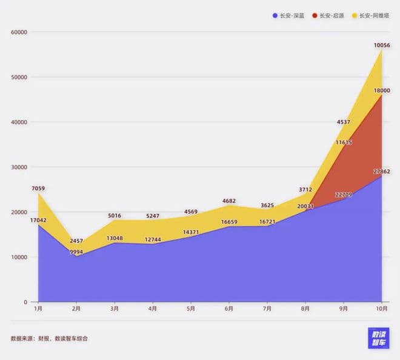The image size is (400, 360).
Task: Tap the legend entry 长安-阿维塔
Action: coord(373,15)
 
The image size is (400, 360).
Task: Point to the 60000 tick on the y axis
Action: coord(19,32)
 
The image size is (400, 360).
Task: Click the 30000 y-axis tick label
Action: coord(19,167)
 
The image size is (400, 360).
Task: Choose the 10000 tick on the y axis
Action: coord(19,257)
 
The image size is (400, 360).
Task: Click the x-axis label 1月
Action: coord(38,309)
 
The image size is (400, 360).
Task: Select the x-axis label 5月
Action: coord(191,309)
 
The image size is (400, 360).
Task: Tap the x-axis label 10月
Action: coord(381,309)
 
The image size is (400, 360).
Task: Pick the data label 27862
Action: coord(381,172)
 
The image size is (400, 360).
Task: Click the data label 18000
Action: coord(382,91)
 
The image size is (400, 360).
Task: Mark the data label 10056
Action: coord(382,45)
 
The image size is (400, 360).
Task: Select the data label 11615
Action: coord(343,142)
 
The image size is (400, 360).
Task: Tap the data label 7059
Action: coord(38,188)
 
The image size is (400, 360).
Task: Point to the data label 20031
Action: coord(305,205)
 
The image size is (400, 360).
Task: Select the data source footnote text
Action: coord(49,338)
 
